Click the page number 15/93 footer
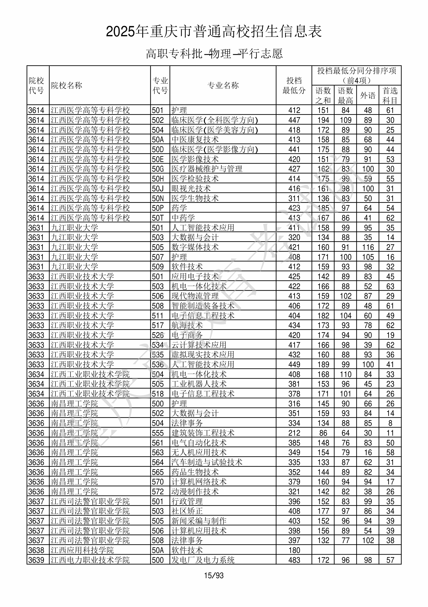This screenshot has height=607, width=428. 214,575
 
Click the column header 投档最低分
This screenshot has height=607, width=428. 294,85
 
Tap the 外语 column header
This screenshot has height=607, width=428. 368,95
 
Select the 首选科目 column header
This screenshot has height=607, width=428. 390,95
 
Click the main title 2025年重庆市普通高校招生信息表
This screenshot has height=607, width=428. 214,31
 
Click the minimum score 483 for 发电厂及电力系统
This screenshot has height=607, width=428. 294,560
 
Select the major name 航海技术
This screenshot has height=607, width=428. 187,325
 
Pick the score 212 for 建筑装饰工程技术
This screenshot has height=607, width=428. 294,433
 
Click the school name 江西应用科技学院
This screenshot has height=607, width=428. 82,550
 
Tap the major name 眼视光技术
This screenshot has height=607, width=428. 191,188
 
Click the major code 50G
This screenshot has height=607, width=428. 158,169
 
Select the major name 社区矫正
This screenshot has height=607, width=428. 187,511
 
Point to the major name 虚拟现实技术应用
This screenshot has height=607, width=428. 203,354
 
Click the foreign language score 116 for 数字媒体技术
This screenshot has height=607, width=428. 368,247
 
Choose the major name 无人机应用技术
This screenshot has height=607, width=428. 199,452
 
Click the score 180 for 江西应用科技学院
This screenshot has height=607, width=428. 294,550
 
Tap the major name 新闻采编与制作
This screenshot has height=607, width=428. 199,521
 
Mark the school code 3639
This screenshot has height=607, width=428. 36,560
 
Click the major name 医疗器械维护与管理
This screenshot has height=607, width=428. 207,169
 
